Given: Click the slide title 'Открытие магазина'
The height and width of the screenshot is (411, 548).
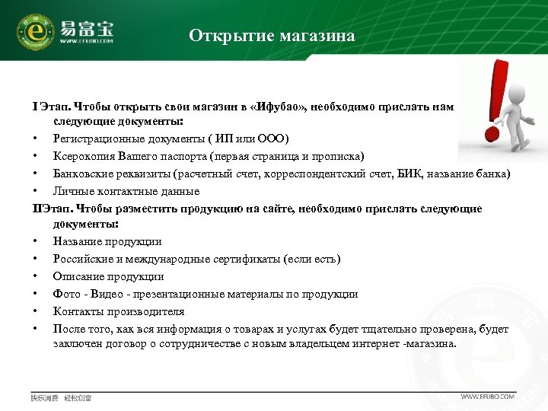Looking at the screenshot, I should coord(272,36).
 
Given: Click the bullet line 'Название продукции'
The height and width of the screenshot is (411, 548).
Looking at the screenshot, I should coord(107,241).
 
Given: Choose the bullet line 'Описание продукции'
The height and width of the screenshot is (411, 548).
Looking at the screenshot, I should coord(108,276).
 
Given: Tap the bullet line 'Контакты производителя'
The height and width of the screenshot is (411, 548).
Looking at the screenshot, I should coord(118,311).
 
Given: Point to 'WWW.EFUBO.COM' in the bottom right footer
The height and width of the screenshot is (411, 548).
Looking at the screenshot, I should coord(488,397).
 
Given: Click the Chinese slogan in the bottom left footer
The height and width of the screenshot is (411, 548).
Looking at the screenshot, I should coord(61,397).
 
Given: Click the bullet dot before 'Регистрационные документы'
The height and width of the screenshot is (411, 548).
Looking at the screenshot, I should coord(35,138).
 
